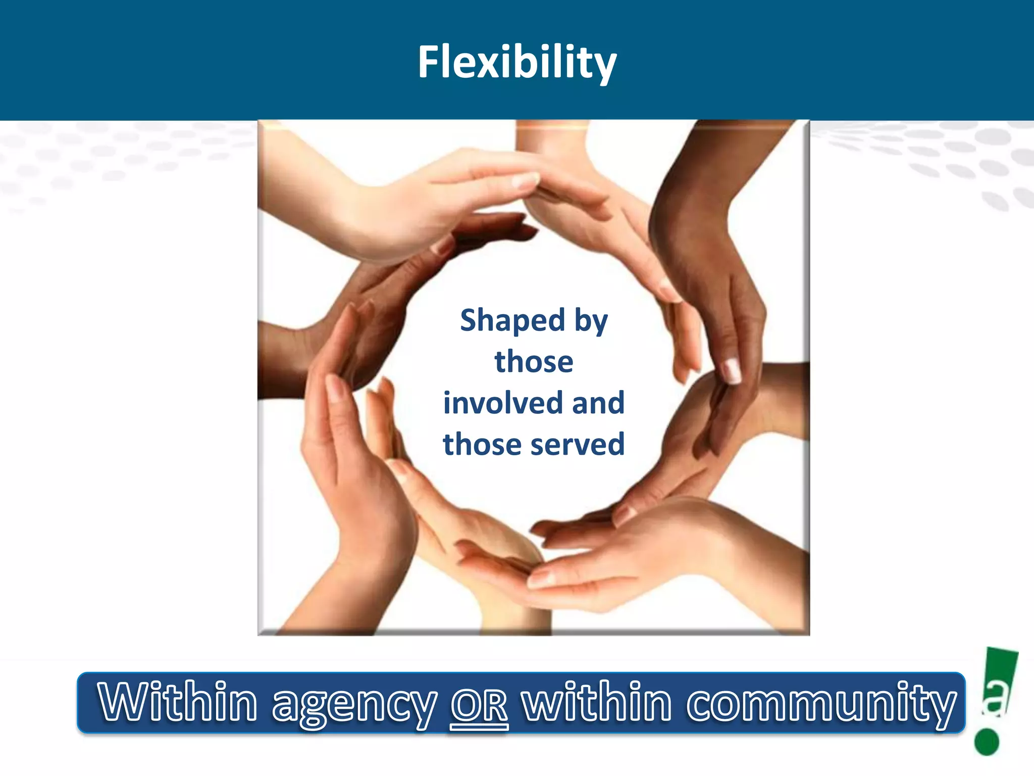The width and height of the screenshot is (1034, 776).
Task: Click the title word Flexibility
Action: point(517,62)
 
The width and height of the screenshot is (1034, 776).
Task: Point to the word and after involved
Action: point(598,403)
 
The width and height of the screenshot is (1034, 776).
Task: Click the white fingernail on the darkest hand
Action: point(732,370)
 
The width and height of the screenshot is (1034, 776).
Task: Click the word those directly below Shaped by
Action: point(534,362)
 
